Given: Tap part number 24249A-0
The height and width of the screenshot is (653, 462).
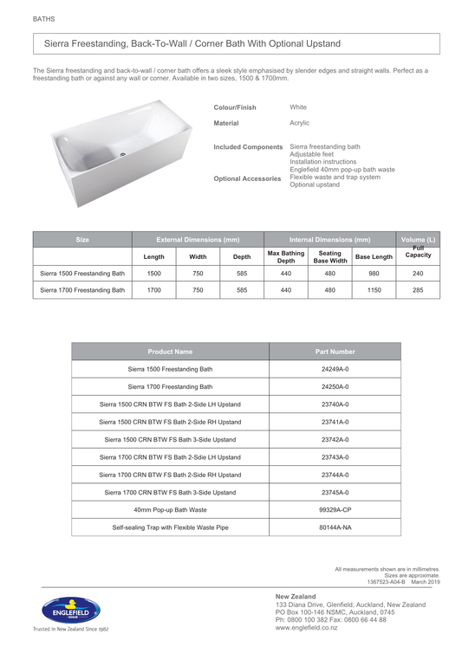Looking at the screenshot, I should pyautogui.click(x=335, y=369).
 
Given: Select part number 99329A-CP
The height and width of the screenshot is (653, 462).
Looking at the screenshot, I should pyautogui.click(x=335, y=509).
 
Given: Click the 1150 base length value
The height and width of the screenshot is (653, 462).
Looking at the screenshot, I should pyautogui.click(x=374, y=291).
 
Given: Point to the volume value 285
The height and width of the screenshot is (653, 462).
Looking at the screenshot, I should pyautogui.click(x=419, y=291).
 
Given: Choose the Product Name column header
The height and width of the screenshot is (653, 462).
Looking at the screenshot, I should pyautogui.click(x=170, y=352).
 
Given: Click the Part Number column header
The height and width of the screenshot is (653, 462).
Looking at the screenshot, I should pyautogui.click(x=335, y=352).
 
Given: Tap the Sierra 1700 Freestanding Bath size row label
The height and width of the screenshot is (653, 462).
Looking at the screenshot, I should pyautogui.click(x=82, y=291).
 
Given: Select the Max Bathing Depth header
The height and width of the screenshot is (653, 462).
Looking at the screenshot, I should pyautogui.click(x=286, y=256).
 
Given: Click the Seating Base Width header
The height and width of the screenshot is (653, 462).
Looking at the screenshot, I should pyautogui.click(x=330, y=256).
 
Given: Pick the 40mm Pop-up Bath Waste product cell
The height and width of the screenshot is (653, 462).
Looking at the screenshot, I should pyautogui.click(x=170, y=509).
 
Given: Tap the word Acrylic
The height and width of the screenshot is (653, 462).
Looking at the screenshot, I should pyautogui.click(x=299, y=124).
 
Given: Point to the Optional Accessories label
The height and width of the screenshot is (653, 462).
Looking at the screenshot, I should pyautogui.click(x=247, y=178).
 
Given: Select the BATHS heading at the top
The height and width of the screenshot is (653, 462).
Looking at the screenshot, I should pyautogui.click(x=43, y=17).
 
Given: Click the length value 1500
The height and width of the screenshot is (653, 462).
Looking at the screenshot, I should pyautogui.click(x=153, y=273).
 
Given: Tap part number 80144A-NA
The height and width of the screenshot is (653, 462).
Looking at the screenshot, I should pyautogui.click(x=335, y=527).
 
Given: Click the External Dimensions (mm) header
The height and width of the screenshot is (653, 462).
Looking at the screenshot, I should pyautogui.click(x=198, y=238).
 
